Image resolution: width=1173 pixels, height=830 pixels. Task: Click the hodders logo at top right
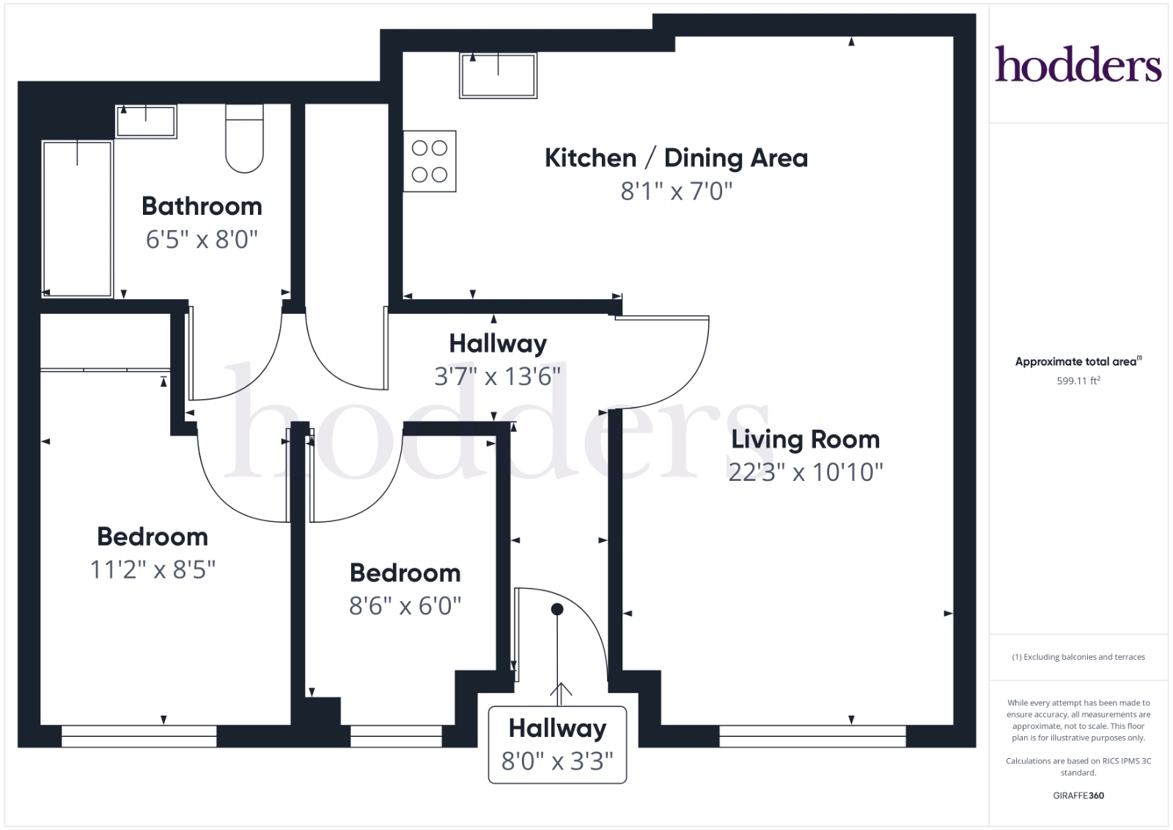[1078, 64]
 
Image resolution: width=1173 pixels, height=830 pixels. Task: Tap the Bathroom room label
[202, 206]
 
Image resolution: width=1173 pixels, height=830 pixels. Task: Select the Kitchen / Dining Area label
[676, 158]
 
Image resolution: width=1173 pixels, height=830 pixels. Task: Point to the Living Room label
[806, 439]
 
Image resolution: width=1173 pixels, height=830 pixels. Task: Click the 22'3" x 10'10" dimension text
[806, 472]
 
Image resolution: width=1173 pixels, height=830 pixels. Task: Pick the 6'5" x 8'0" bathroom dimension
[202, 239]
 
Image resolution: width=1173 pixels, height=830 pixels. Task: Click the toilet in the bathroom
[245, 139]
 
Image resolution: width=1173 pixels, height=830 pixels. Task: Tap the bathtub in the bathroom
[78, 219]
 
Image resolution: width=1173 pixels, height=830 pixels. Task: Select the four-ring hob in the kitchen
[430, 161]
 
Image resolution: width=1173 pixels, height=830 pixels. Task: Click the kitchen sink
[498, 76]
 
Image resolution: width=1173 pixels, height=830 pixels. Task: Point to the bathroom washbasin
[146, 122]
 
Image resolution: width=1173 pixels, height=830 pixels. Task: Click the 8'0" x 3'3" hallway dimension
[557, 761]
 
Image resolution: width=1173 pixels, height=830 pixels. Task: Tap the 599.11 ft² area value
[1078, 381]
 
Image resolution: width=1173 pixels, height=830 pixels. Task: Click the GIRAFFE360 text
[1078, 796]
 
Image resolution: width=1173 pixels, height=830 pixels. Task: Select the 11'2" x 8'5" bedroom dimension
[152, 569]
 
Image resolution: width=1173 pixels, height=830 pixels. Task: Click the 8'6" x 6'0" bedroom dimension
[405, 606]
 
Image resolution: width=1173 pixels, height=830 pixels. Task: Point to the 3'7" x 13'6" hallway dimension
[498, 377]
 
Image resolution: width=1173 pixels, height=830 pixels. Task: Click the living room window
[812, 735]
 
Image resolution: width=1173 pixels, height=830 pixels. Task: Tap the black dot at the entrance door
[557, 609]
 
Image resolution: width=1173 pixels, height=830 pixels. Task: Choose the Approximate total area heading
[1078, 361]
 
